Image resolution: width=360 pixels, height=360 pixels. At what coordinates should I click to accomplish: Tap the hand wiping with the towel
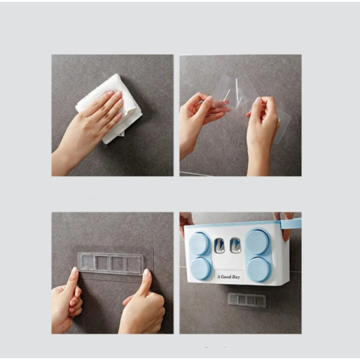(x=92, y=128)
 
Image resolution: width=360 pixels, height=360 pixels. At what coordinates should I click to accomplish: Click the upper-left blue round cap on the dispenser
(x=199, y=244)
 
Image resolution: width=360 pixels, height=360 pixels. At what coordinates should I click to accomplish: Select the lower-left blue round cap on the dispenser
(x=200, y=268)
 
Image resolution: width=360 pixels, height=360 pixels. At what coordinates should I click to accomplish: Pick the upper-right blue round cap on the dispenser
(x=257, y=242)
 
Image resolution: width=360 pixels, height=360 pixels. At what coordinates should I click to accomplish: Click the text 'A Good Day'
(x=229, y=277)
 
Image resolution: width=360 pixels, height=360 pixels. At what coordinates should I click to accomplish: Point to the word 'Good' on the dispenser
(x=226, y=277)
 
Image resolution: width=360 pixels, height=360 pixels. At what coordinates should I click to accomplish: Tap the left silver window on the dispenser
(x=219, y=245)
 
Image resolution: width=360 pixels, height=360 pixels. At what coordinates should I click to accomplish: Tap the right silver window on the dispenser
(x=235, y=245)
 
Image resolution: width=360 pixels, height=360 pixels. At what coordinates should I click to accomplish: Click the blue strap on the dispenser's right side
(x=291, y=224)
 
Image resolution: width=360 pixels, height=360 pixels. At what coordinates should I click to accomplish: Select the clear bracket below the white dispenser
(x=247, y=300)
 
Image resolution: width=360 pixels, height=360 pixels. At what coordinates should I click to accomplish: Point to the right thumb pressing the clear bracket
(x=146, y=283)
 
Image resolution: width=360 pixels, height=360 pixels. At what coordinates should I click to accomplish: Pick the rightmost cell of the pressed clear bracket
(x=133, y=265)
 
